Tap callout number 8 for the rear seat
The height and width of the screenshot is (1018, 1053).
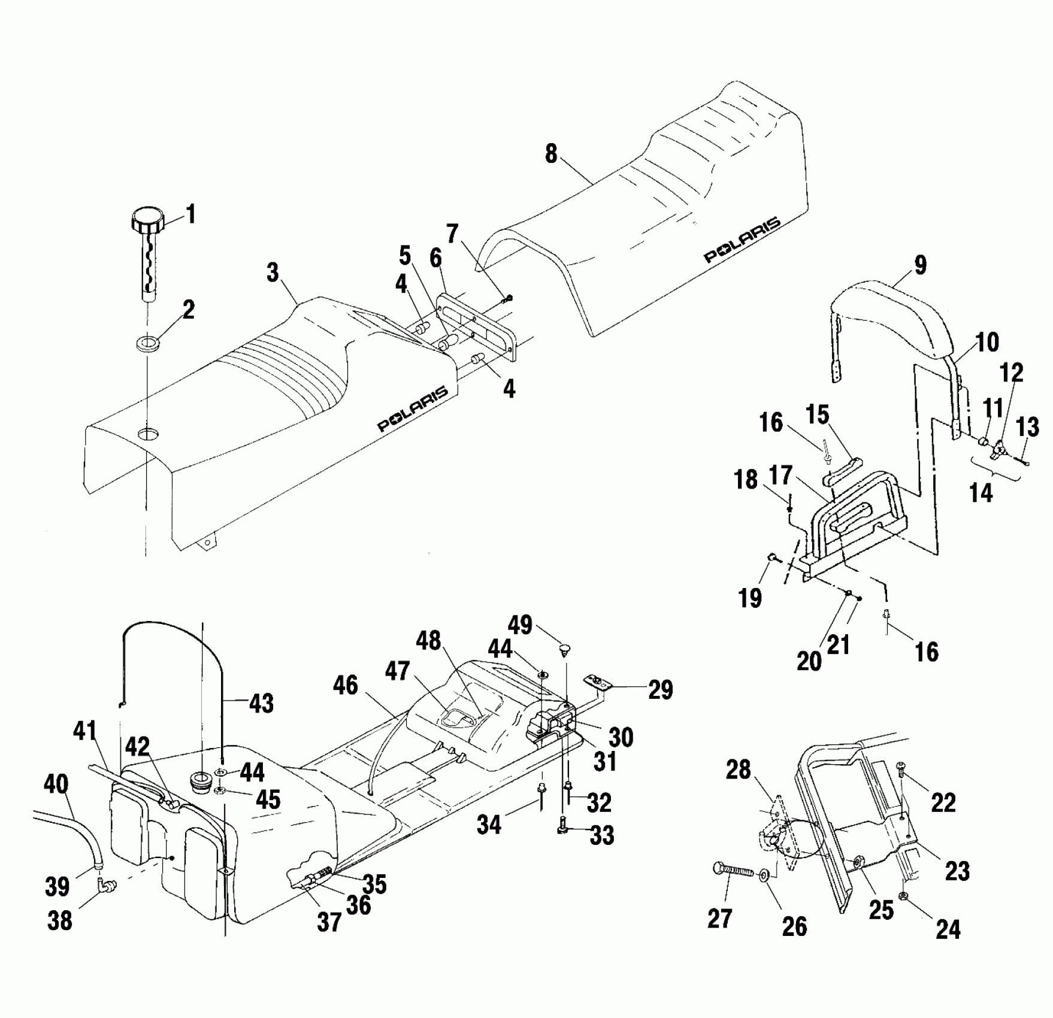tap(551, 154)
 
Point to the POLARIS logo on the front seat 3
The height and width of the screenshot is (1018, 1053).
tap(412, 409)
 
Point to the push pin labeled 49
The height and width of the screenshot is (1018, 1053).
tap(564, 649)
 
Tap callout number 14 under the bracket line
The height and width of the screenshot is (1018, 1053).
tap(981, 493)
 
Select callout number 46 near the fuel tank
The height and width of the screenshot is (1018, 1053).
tap(346, 685)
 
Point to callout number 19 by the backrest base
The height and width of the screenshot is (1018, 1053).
tap(750, 597)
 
